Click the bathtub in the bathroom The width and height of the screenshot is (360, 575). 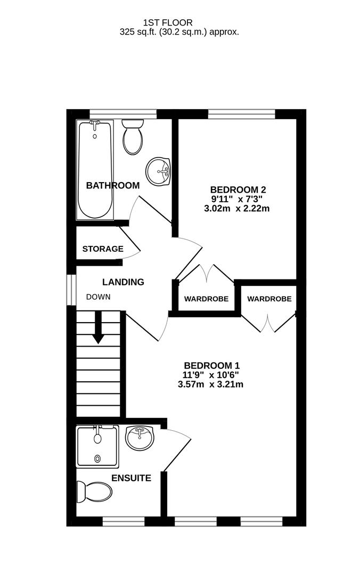click(95, 170)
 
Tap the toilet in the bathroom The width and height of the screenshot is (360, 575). click(133, 136)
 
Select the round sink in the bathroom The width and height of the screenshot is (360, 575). click(158, 171)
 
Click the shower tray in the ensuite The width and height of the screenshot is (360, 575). click(97, 446)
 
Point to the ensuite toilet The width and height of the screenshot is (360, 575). click(94, 492)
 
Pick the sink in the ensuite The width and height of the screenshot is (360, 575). click(140, 438)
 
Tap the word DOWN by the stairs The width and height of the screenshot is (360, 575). click(98, 297)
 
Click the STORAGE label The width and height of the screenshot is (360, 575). click(103, 249)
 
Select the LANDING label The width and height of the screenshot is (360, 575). click(123, 282)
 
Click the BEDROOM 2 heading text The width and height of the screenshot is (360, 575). click(238, 190)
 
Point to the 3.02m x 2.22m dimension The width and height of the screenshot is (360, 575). click(236, 209)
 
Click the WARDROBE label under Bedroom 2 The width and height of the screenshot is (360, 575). click(206, 299)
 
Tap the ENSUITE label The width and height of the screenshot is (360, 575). click(131, 478)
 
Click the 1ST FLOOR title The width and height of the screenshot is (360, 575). click(168, 23)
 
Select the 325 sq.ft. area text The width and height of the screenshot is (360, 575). click(138, 32)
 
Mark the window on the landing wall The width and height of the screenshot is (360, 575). click(71, 289)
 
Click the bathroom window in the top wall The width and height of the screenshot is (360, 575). click(124, 114)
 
